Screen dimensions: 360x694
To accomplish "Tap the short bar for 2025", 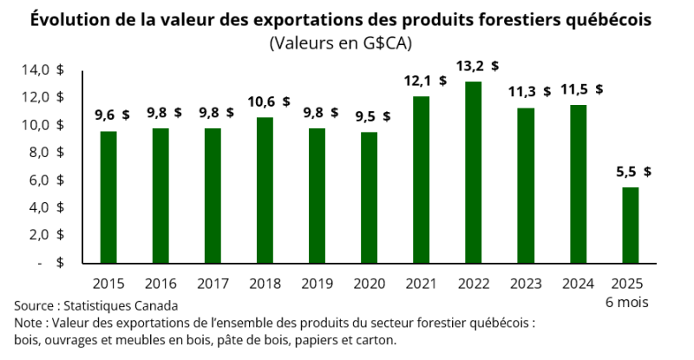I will [631, 225].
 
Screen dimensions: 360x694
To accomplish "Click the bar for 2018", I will [265, 190].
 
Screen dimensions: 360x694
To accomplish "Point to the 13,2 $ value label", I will [478, 65].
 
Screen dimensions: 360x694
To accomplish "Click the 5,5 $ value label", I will [634, 172].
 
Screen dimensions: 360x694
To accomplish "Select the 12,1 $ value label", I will [425, 80].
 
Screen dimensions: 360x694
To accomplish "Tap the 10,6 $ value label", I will [269, 101].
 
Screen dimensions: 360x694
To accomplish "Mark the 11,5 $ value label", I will [582, 88].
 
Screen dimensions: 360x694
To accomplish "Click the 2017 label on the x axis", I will [213, 284].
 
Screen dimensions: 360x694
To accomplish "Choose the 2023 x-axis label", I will [526, 284].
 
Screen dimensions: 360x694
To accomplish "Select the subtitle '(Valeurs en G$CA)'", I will [340, 43].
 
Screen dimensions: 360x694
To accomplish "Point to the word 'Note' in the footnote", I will [28, 323].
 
